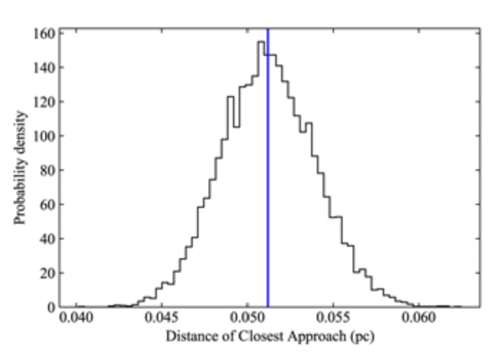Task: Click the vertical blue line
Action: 267,179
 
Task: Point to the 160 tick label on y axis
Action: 44,33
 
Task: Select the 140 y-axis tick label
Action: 44,67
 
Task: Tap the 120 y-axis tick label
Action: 44,101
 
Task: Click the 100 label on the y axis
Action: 44,136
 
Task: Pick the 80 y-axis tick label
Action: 47,170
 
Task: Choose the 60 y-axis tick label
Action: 47,204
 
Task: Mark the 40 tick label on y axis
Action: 47,238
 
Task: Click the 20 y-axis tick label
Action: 47,273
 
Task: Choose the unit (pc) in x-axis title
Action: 363,336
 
